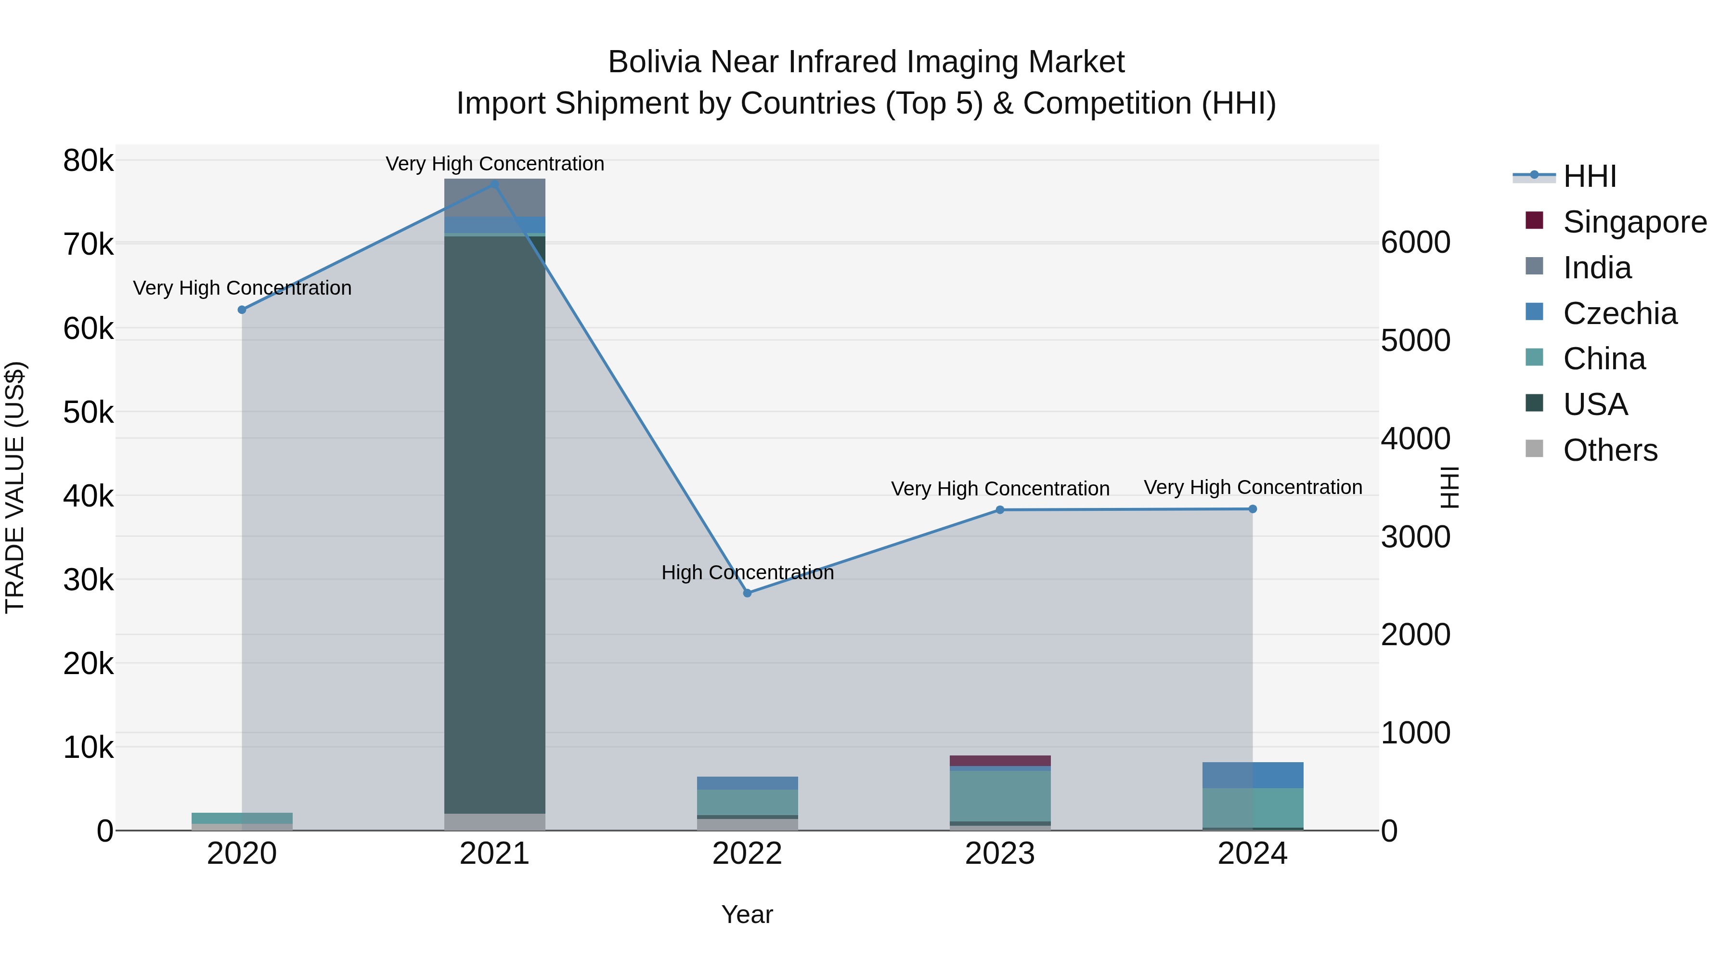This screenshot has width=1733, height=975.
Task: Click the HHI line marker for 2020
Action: pyautogui.click(x=242, y=310)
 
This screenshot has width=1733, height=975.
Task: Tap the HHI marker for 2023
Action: pyautogui.click(x=1000, y=510)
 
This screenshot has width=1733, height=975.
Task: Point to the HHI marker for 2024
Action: pyautogui.click(x=1253, y=509)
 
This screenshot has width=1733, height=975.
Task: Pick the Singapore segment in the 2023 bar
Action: pyautogui.click(x=1000, y=760)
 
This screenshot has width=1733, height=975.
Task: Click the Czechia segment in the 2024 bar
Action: pyautogui.click(x=1253, y=775)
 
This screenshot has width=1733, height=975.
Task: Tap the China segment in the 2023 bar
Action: pyautogui.click(x=1000, y=796)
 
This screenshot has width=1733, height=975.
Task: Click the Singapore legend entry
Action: pyautogui.click(x=1635, y=222)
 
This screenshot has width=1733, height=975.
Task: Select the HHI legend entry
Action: pyautogui.click(x=1590, y=176)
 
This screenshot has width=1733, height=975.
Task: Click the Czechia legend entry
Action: pyautogui.click(x=1620, y=313)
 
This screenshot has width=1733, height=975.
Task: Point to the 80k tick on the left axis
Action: pyautogui.click(x=88, y=161)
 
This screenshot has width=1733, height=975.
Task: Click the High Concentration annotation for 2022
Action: pyautogui.click(x=748, y=572)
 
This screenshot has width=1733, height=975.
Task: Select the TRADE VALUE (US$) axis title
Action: pyautogui.click(x=15, y=487)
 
